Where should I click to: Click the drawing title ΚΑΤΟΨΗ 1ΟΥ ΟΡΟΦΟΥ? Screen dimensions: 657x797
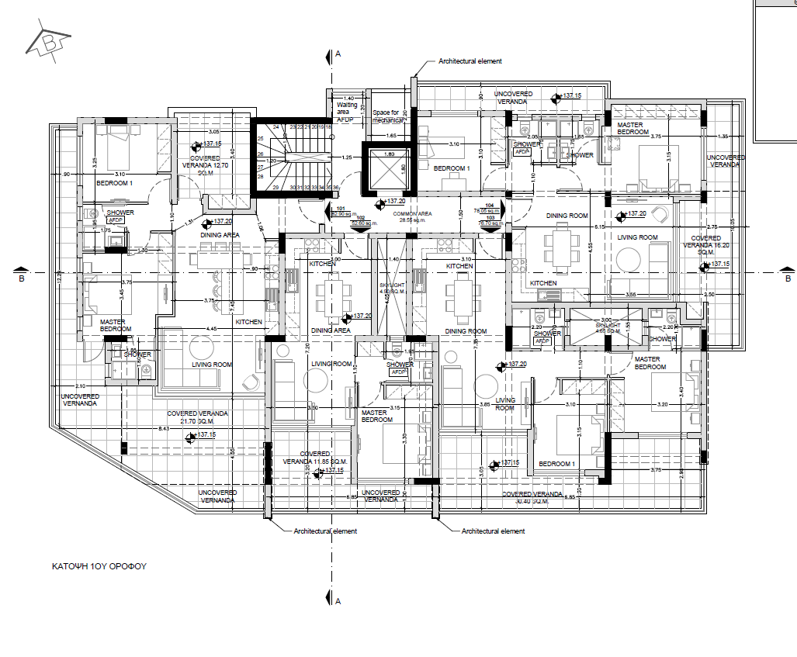[x=94, y=566]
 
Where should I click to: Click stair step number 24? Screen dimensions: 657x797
[x=275, y=126]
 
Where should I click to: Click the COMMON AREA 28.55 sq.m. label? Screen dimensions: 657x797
[x=414, y=216]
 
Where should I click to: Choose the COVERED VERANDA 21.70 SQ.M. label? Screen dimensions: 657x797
[x=198, y=417]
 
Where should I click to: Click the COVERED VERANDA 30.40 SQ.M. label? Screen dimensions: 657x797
[x=532, y=497]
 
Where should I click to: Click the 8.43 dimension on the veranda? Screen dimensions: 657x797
[x=163, y=429]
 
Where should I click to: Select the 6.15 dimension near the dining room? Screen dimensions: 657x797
[x=599, y=226]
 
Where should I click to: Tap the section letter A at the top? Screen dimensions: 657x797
[x=338, y=54]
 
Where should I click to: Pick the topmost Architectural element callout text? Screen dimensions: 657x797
[x=470, y=61]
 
